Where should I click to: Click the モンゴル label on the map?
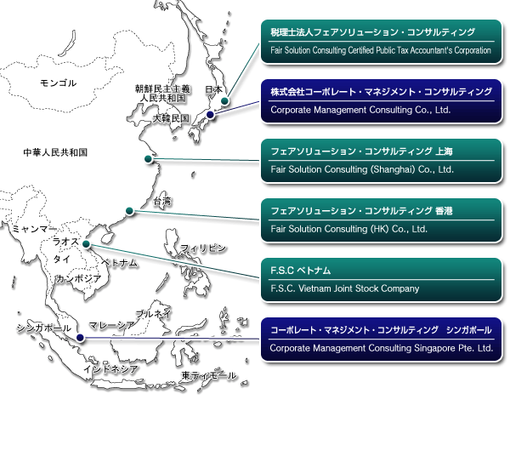point(58,83)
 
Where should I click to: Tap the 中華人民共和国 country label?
point(55,152)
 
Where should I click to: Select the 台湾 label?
point(162,202)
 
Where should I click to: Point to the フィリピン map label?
point(202,248)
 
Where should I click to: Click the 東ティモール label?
point(209,375)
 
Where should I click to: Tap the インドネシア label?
point(110,369)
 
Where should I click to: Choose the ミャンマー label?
point(33,229)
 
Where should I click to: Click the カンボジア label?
point(79,278)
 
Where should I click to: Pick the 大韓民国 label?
point(171,118)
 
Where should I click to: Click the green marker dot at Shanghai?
point(148,158)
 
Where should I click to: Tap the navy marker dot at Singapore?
point(80,338)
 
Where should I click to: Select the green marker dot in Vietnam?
point(86,243)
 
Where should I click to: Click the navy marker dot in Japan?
point(210,114)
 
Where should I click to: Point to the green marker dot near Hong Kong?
point(129,211)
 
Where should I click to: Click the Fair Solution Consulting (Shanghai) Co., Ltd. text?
point(362,169)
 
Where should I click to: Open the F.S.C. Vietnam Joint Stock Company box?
point(382,280)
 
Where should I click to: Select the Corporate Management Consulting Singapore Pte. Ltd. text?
point(381,348)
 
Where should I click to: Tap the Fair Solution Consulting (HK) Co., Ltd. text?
point(348,229)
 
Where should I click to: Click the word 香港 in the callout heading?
point(444,211)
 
